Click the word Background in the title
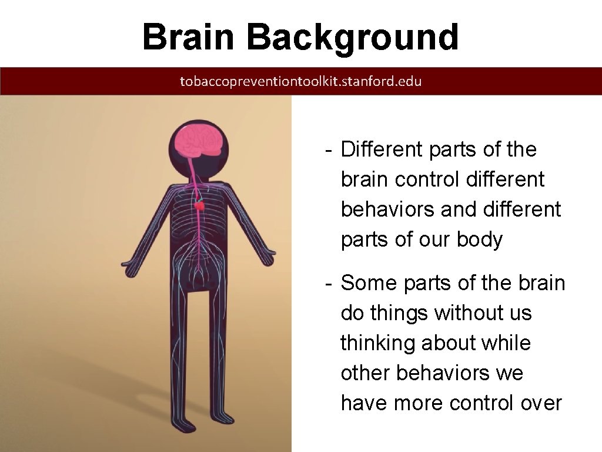coord(352,38)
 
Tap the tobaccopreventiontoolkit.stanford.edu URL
coord(300,81)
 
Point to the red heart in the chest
coord(200,206)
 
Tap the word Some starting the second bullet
coord(369,283)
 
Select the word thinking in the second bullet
coord(377,343)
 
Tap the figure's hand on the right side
coord(268,258)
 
